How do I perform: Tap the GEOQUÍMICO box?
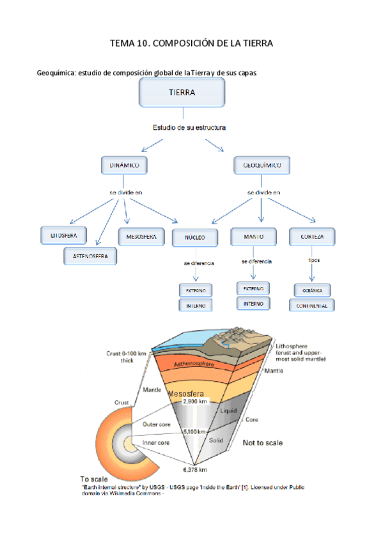tap(262, 166)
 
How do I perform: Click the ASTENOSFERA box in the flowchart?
tap(90, 257)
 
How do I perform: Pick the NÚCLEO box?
tap(195, 238)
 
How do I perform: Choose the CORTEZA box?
tap(311, 237)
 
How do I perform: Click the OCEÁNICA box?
tap(312, 290)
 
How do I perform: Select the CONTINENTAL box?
tap(312, 306)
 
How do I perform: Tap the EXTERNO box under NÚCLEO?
tap(196, 291)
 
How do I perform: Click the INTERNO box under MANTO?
tap(253, 304)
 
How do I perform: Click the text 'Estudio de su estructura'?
tap(189, 128)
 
